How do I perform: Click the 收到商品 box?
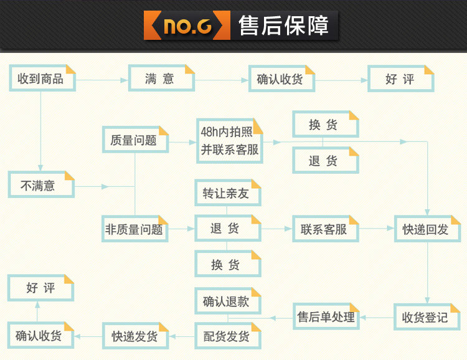click(x=41, y=79)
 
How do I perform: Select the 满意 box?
click(x=161, y=79)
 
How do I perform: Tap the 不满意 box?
click(x=41, y=186)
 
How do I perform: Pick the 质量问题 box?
click(x=135, y=140)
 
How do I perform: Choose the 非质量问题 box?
click(x=135, y=229)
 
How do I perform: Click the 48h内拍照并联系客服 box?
click(x=229, y=141)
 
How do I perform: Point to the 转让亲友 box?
click(x=227, y=193)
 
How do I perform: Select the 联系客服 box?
click(x=326, y=229)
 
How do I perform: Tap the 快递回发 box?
click(x=427, y=229)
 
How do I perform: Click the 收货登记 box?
click(x=426, y=317)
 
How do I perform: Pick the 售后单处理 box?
click(x=326, y=317)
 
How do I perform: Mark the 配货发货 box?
click(x=227, y=336)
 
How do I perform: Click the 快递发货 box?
click(x=135, y=336)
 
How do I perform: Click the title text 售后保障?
click(x=283, y=26)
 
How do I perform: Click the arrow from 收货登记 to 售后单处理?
click(x=377, y=318)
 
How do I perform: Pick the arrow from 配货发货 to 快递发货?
click(x=181, y=337)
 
